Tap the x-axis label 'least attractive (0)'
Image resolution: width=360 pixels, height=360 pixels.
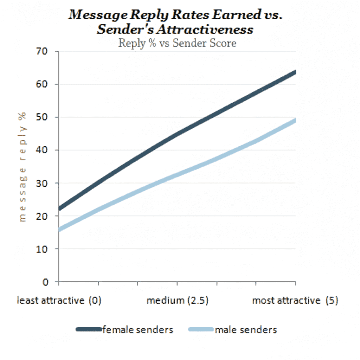pyautogui.click(x=59, y=301)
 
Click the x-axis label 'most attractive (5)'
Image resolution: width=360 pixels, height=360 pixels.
pyautogui.click(x=295, y=301)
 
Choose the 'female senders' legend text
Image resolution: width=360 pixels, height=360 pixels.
pyautogui.click(x=138, y=330)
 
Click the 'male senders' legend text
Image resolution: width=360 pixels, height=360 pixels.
pyautogui.click(x=246, y=330)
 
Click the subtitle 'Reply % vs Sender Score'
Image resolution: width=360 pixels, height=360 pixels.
pyautogui.click(x=177, y=43)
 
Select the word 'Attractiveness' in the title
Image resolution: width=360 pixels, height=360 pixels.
pyautogui.click(x=205, y=29)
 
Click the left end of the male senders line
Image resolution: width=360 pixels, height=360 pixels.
pyautogui.click(x=59, y=230)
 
